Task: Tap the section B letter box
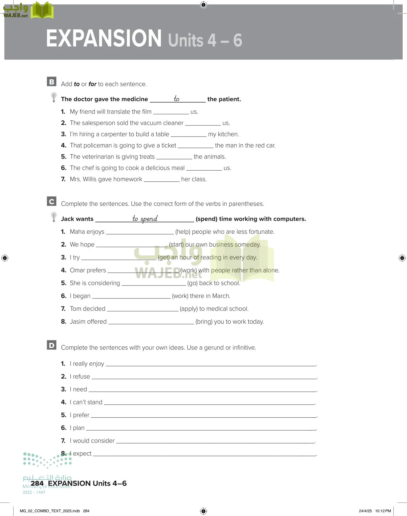click(52, 82)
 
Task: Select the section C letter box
click(52, 201)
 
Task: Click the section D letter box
click(52, 345)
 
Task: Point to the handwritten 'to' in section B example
click(176, 99)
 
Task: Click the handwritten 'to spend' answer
click(145, 218)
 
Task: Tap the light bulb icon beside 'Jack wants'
click(54, 217)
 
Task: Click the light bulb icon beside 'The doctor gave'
click(54, 97)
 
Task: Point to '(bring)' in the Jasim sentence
click(204, 322)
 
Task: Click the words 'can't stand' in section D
click(88, 402)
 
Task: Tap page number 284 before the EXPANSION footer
click(37, 483)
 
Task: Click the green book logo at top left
click(42, 10)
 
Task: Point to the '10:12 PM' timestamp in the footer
click(383, 511)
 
